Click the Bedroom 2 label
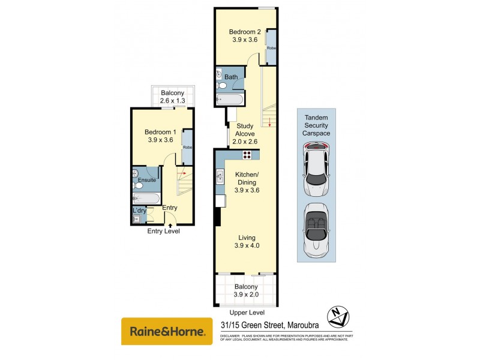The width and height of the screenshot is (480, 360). pos(245,32)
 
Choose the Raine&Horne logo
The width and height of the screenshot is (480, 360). pos(167,331)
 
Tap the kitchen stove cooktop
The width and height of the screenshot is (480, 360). pos(247,155)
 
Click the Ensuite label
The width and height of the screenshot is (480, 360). pos(147,179)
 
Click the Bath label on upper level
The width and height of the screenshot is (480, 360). pos(231,77)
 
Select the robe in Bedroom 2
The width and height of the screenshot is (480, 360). pos(271,47)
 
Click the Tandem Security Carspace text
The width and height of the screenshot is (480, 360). pos(317,125)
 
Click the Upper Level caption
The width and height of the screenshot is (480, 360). pos(247,313)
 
